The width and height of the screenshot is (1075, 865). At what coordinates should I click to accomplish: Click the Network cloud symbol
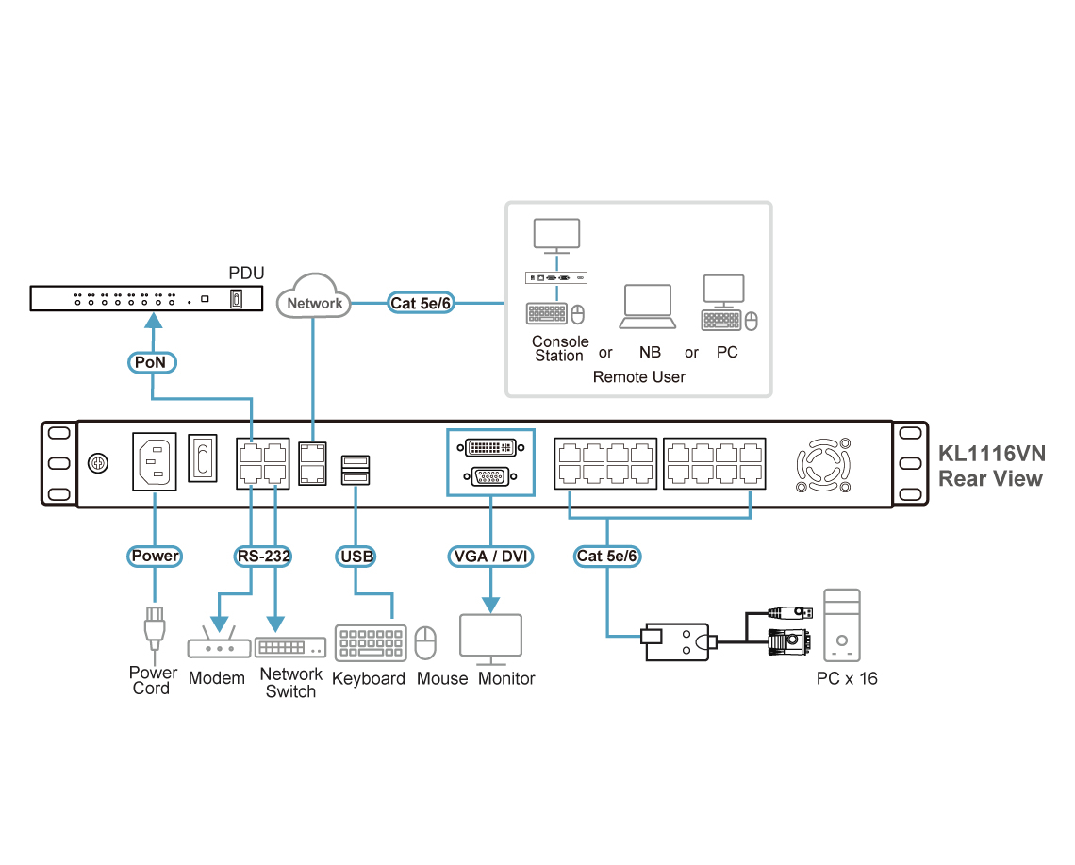point(314,296)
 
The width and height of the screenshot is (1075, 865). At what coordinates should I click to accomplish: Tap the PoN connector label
point(152,362)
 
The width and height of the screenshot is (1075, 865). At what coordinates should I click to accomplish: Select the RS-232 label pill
point(263,556)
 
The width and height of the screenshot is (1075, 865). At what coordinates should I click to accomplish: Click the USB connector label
point(356,557)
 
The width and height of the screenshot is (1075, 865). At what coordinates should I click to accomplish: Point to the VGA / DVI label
point(491,556)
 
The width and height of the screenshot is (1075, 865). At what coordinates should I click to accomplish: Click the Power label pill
point(155,556)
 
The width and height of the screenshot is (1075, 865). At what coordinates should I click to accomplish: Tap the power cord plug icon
point(155,628)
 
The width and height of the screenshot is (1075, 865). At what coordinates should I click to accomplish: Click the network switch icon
point(290,647)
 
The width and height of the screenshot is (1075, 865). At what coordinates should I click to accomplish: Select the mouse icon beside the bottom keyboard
point(425,642)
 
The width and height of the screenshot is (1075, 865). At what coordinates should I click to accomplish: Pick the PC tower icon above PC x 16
point(842,624)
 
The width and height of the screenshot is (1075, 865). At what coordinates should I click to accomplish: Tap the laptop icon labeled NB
point(648,307)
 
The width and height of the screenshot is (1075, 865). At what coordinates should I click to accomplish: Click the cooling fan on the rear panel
point(823,465)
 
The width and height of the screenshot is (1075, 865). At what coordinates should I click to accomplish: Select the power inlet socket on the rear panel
point(155,461)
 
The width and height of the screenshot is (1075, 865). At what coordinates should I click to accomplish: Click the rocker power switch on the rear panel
point(202,457)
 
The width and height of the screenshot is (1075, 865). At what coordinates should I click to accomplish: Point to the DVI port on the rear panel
point(491,448)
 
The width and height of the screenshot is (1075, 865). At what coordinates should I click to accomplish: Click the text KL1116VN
point(991,454)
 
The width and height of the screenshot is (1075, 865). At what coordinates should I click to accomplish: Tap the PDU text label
point(246,273)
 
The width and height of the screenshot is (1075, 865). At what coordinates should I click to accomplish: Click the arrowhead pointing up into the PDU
point(155,321)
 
